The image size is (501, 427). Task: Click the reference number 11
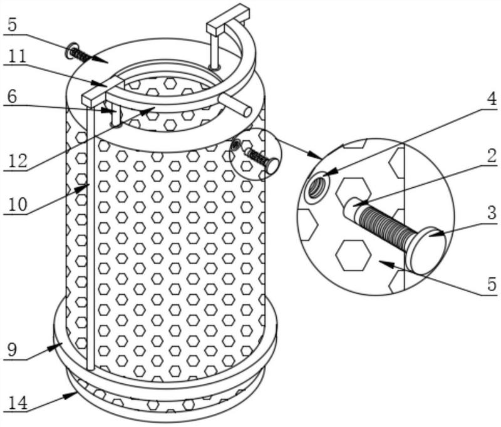coord(18,57)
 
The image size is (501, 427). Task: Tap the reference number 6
coord(12,97)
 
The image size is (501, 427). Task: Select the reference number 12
coord(18,161)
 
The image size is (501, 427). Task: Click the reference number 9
coord(12,351)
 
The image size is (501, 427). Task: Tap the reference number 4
coord(492,99)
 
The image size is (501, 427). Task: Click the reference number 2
coord(492,158)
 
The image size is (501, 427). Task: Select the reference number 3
coord(492,213)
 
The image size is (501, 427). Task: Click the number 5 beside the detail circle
coord(492,284)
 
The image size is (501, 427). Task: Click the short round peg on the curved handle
coord(236,105)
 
